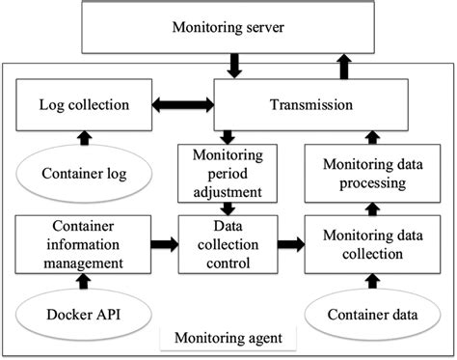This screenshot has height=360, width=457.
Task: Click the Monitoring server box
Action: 228,28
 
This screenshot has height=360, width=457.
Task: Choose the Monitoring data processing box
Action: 365,174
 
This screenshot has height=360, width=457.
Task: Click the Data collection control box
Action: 229,244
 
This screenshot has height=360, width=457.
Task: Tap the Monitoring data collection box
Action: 365,244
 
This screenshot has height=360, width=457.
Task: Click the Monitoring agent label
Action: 229,338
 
